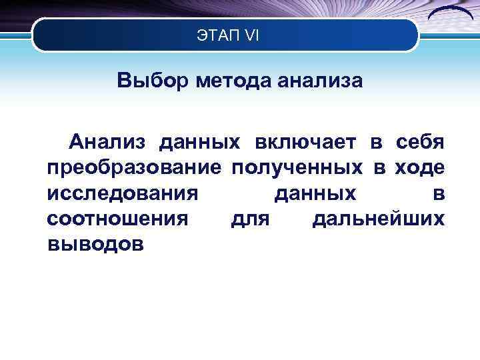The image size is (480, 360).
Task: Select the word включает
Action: (306, 142)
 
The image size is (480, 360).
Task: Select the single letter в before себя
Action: (376, 142)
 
